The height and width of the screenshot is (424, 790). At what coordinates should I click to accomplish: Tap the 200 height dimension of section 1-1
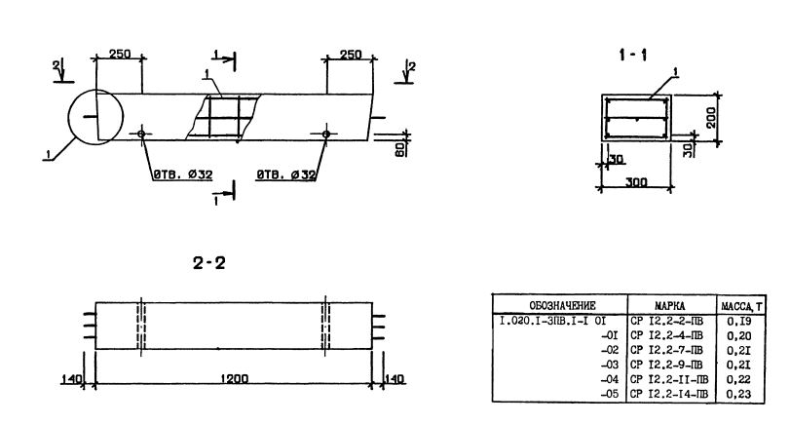(712, 119)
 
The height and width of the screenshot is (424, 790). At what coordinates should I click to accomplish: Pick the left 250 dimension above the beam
(120, 55)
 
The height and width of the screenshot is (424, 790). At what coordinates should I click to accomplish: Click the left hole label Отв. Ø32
(182, 174)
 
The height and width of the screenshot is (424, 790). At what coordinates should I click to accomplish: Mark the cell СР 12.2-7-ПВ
(668, 349)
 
